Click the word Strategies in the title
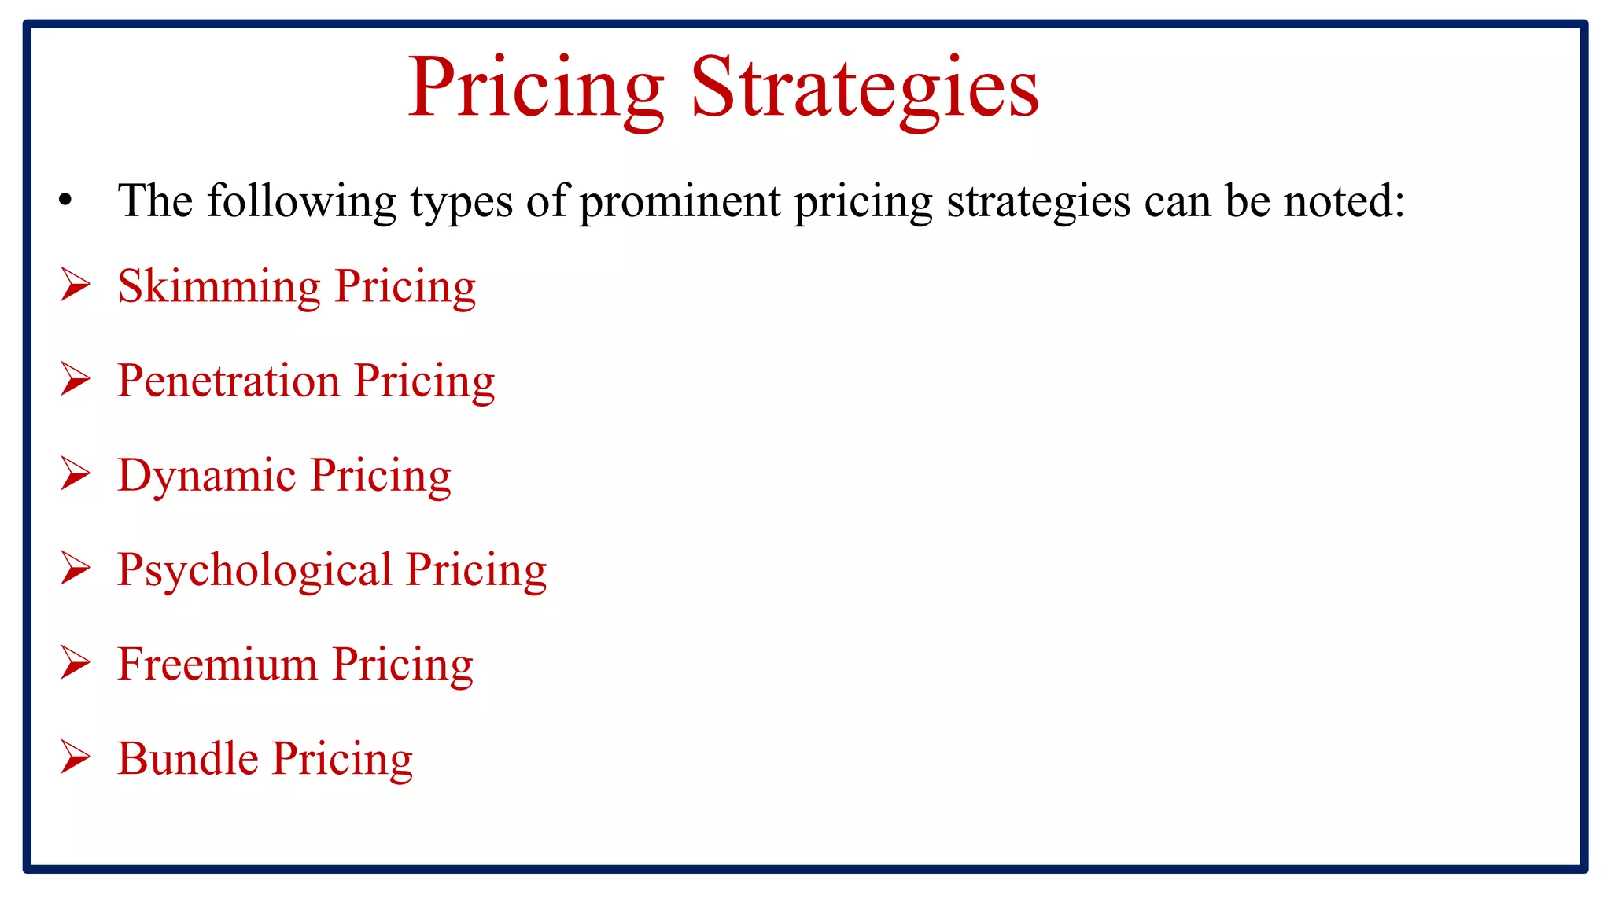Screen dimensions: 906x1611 tap(865, 88)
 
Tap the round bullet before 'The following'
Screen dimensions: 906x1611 tap(66, 201)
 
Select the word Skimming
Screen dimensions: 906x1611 tap(219, 286)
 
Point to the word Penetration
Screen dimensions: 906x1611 tap(229, 381)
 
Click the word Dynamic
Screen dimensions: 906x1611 tap(207, 477)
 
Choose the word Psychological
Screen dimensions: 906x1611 tap(255, 570)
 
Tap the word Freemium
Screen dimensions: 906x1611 tap(218, 665)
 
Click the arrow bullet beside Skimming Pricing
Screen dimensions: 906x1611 tap(76, 284)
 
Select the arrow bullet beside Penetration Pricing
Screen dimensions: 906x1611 tap(76, 379)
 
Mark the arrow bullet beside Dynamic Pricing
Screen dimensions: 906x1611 tap(76, 474)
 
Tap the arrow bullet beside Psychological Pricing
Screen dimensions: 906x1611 tap(76, 569)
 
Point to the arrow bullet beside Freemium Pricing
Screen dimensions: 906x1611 tap(76, 663)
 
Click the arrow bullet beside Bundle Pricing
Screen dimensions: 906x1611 tap(76, 757)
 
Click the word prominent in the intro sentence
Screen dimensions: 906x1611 tap(680, 201)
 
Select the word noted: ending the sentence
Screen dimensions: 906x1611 tap(1344, 201)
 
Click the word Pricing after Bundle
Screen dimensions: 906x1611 tap(342, 760)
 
